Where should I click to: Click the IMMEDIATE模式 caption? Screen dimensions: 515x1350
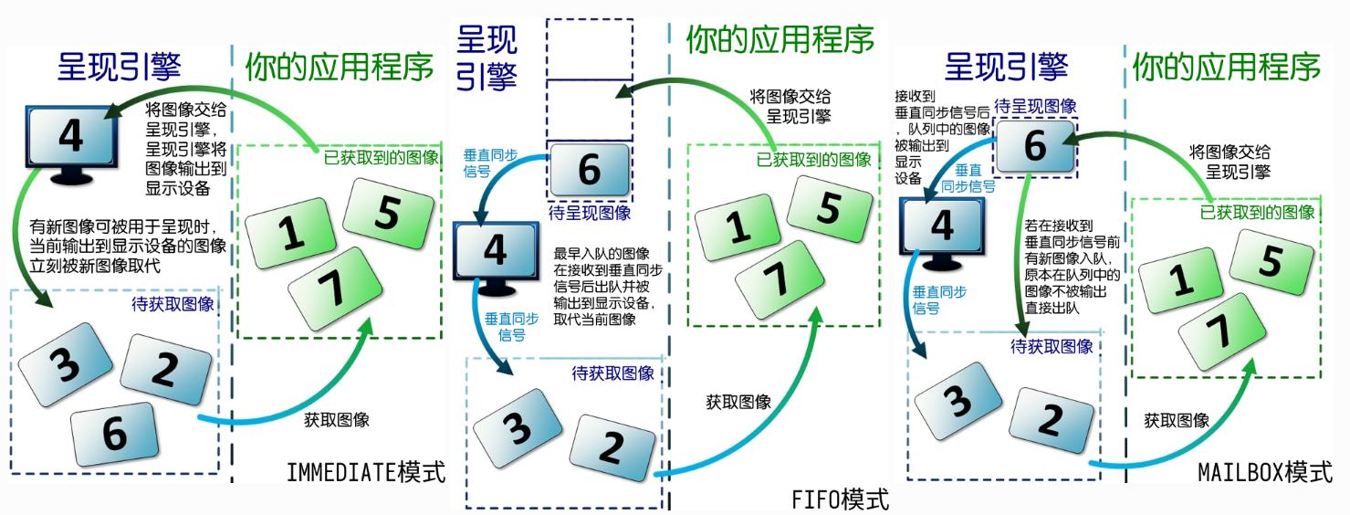tap(366, 472)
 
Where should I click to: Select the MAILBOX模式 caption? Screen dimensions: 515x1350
tap(1264, 472)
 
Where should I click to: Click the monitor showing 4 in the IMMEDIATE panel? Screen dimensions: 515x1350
tap(71, 139)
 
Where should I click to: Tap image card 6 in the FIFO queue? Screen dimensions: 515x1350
tap(590, 170)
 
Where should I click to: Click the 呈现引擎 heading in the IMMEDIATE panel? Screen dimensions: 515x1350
tap(120, 66)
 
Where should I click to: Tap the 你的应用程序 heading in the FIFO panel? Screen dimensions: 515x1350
tap(780, 38)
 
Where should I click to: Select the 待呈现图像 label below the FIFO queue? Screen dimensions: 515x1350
tap(590, 213)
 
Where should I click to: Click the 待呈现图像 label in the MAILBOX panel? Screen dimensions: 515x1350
tap(1034, 106)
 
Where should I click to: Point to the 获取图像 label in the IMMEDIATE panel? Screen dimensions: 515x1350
tap(336, 420)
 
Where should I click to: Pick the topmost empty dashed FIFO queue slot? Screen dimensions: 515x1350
tap(589, 47)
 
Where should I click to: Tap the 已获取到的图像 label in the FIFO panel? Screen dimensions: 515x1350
tap(814, 159)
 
